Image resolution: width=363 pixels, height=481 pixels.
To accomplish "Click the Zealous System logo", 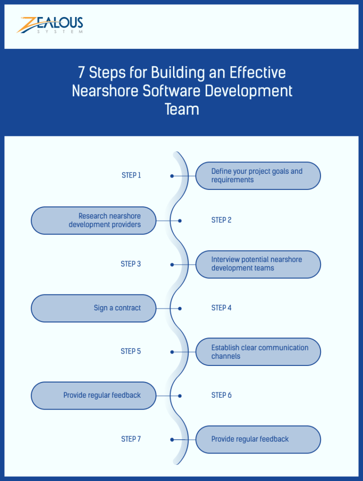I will [x=50, y=25].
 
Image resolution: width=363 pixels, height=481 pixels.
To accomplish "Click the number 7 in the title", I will [x=82, y=73].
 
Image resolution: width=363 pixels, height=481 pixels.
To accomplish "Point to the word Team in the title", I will [x=182, y=109].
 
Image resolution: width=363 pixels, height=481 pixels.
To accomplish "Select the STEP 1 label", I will [x=131, y=175].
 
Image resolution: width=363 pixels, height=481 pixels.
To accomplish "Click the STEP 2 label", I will [x=221, y=220].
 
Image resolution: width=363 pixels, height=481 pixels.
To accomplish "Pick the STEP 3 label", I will [x=131, y=264].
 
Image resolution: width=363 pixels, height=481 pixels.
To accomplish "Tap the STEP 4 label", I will [x=221, y=308].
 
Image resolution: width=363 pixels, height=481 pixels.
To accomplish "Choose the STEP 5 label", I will [x=131, y=351].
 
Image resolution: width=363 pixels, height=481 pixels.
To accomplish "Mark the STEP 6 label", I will [x=221, y=395].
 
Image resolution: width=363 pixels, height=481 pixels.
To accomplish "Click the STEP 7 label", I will [x=131, y=439].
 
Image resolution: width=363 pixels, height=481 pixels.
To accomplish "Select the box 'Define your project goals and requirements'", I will [x=258, y=176].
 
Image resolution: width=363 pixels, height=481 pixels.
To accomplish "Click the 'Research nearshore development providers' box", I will [x=94, y=220].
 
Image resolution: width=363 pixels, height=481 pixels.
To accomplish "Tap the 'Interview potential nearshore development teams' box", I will [x=258, y=264].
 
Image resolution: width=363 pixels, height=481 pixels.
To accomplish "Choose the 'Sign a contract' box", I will [x=94, y=308].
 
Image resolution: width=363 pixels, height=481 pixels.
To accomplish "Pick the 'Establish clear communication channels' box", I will [x=258, y=352].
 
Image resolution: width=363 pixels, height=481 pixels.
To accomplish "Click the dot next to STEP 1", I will [x=172, y=176].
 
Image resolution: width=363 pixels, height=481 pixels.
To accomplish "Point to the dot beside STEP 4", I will [x=180, y=308].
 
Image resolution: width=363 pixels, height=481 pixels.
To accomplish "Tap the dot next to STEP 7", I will [x=172, y=439].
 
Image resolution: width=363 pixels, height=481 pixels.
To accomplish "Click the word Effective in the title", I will [x=258, y=73].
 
